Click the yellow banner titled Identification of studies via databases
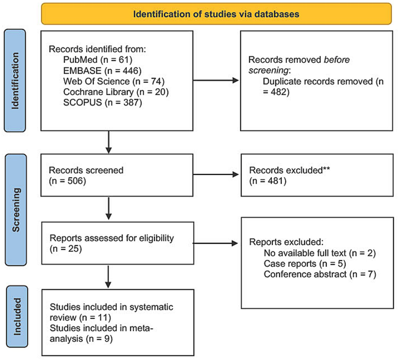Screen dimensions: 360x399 tap(216, 14)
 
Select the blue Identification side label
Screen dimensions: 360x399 tap(15, 80)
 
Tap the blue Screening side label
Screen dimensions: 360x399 tap(16, 209)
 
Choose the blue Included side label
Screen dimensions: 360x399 tap(17, 316)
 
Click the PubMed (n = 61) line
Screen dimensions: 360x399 tap(98, 60)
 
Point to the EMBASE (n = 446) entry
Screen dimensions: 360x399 tap(102, 70)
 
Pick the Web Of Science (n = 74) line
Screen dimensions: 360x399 tap(114, 81)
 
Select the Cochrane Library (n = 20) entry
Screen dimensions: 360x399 tap(116, 92)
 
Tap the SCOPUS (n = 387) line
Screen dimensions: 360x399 tap(102, 102)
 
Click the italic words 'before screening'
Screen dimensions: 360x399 tap(299, 65)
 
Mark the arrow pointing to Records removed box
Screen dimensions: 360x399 tap(216, 80)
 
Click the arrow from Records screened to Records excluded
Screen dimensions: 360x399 tap(216, 175)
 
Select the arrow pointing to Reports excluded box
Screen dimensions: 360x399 tap(216, 243)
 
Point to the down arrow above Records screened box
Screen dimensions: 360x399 tap(108, 142)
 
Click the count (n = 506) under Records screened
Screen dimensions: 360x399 tap(67, 181)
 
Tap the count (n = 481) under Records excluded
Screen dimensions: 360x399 tap(268, 181)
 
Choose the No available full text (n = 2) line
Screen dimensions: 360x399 tap(320, 253)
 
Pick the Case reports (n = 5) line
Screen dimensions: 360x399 tap(305, 264)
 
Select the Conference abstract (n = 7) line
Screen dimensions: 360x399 tap(320, 274)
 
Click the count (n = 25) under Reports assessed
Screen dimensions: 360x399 tap(66, 249)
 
